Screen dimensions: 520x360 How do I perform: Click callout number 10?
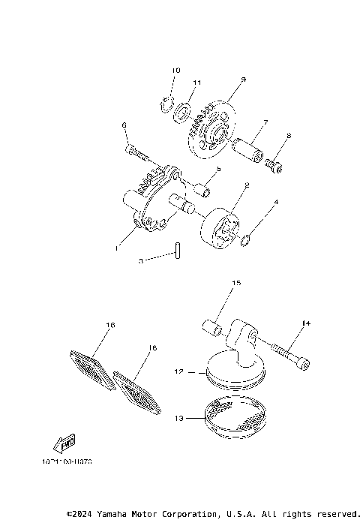tap(176, 71)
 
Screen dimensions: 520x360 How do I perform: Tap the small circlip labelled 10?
tap(167, 104)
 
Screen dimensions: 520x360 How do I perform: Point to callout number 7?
tap(265, 122)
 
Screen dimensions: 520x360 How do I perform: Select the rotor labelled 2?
tap(220, 229)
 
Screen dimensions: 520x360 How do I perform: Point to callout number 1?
tap(116, 246)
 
